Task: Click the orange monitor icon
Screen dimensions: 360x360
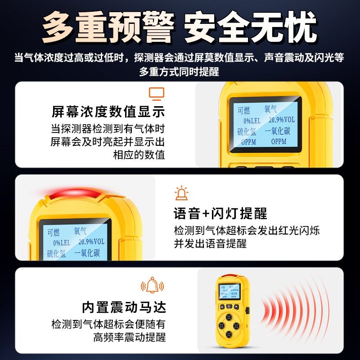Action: pos(157,94)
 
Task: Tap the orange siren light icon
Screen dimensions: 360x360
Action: pos(181,193)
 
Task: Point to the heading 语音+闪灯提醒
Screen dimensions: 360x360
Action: pos(220,213)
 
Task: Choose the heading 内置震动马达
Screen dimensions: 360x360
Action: pos(124,307)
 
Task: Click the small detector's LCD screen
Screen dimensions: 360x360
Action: pos(229,292)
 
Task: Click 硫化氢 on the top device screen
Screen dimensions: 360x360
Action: pos(248,131)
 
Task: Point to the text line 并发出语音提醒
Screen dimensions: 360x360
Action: pos(211,243)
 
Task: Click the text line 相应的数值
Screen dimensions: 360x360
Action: pos(139,155)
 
